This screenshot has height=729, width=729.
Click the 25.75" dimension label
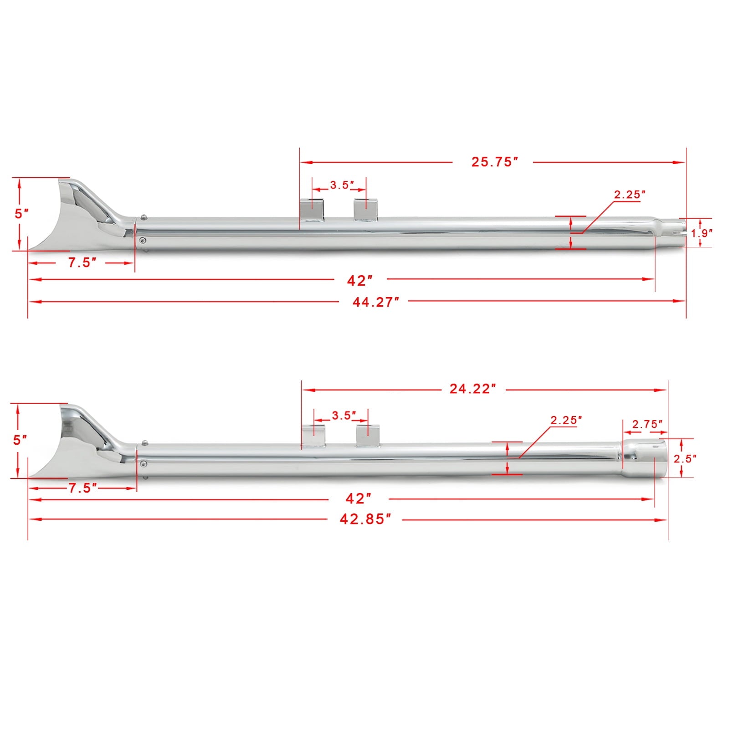coord(495,162)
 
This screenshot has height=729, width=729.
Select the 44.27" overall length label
coord(376,302)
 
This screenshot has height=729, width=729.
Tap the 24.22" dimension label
coord(472,389)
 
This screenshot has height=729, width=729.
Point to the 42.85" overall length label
coord(365,519)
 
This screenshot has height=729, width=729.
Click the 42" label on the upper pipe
coord(360,281)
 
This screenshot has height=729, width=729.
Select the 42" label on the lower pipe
coord(359,498)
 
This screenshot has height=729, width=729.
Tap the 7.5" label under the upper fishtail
coord(82,262)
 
